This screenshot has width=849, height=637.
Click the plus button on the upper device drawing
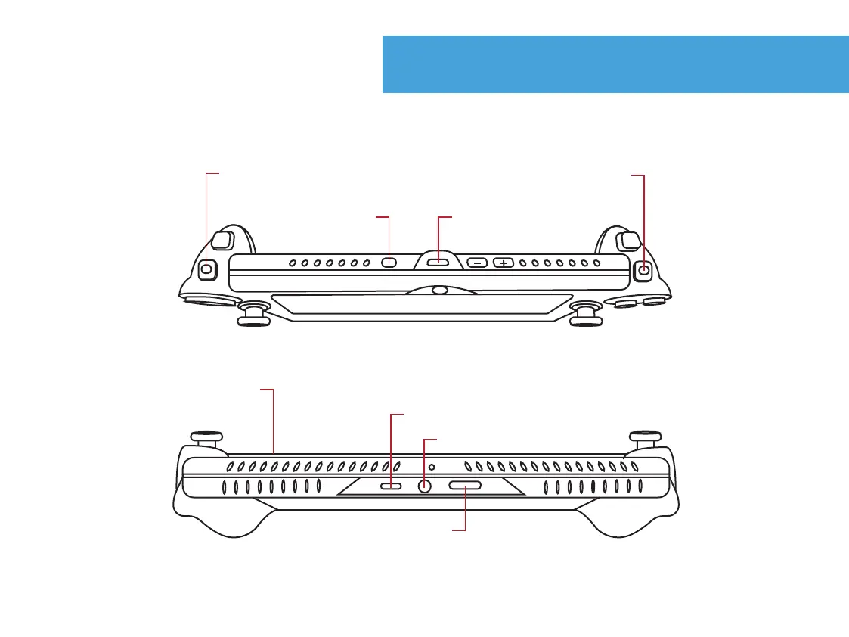(504, 263)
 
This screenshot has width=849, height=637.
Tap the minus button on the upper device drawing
(477, 263)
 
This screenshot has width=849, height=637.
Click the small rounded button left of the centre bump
(389, 263)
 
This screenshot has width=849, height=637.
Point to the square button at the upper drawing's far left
(207, 268)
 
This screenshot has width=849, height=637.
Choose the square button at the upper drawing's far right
(643, 269)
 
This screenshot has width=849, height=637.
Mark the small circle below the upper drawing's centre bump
(438, 290)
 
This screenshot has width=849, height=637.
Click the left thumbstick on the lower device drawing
(206, 438)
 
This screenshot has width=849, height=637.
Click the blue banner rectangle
(615, 64)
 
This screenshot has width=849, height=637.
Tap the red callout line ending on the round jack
(425, 458)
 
